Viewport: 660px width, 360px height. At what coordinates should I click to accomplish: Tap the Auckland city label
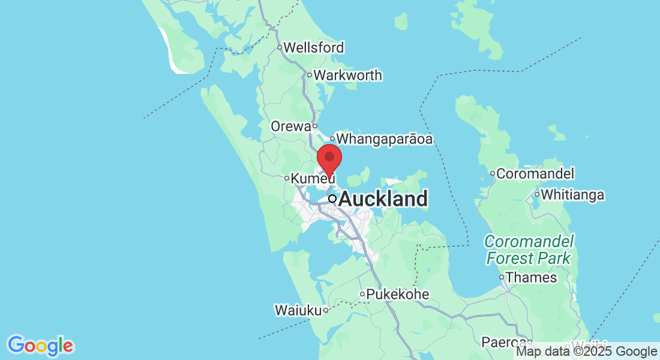coord(383,199)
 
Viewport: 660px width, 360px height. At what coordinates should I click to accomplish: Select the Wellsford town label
coord(314,47)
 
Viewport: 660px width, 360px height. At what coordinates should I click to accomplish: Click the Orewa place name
coord(290,127)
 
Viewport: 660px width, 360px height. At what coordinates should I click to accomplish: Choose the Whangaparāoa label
coord(385,139)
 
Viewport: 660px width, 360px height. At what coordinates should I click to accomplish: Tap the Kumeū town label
coord(312,178)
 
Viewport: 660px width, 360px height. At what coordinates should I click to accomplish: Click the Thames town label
coord(531,277)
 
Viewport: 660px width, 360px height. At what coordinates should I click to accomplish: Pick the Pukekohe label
coord(398,295)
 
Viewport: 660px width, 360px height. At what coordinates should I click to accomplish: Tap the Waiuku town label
coord(298,310)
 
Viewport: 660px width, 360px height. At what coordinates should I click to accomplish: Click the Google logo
coord(41,346)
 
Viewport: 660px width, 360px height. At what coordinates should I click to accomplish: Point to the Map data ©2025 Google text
coord(587,352)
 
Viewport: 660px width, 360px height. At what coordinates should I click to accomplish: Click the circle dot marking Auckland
coord(332,199)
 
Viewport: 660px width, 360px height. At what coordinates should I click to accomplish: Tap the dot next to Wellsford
coord(279,47)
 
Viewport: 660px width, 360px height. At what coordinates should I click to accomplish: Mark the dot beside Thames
coord(502,277)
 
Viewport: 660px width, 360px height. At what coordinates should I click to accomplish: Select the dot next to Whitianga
coord(537,195)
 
